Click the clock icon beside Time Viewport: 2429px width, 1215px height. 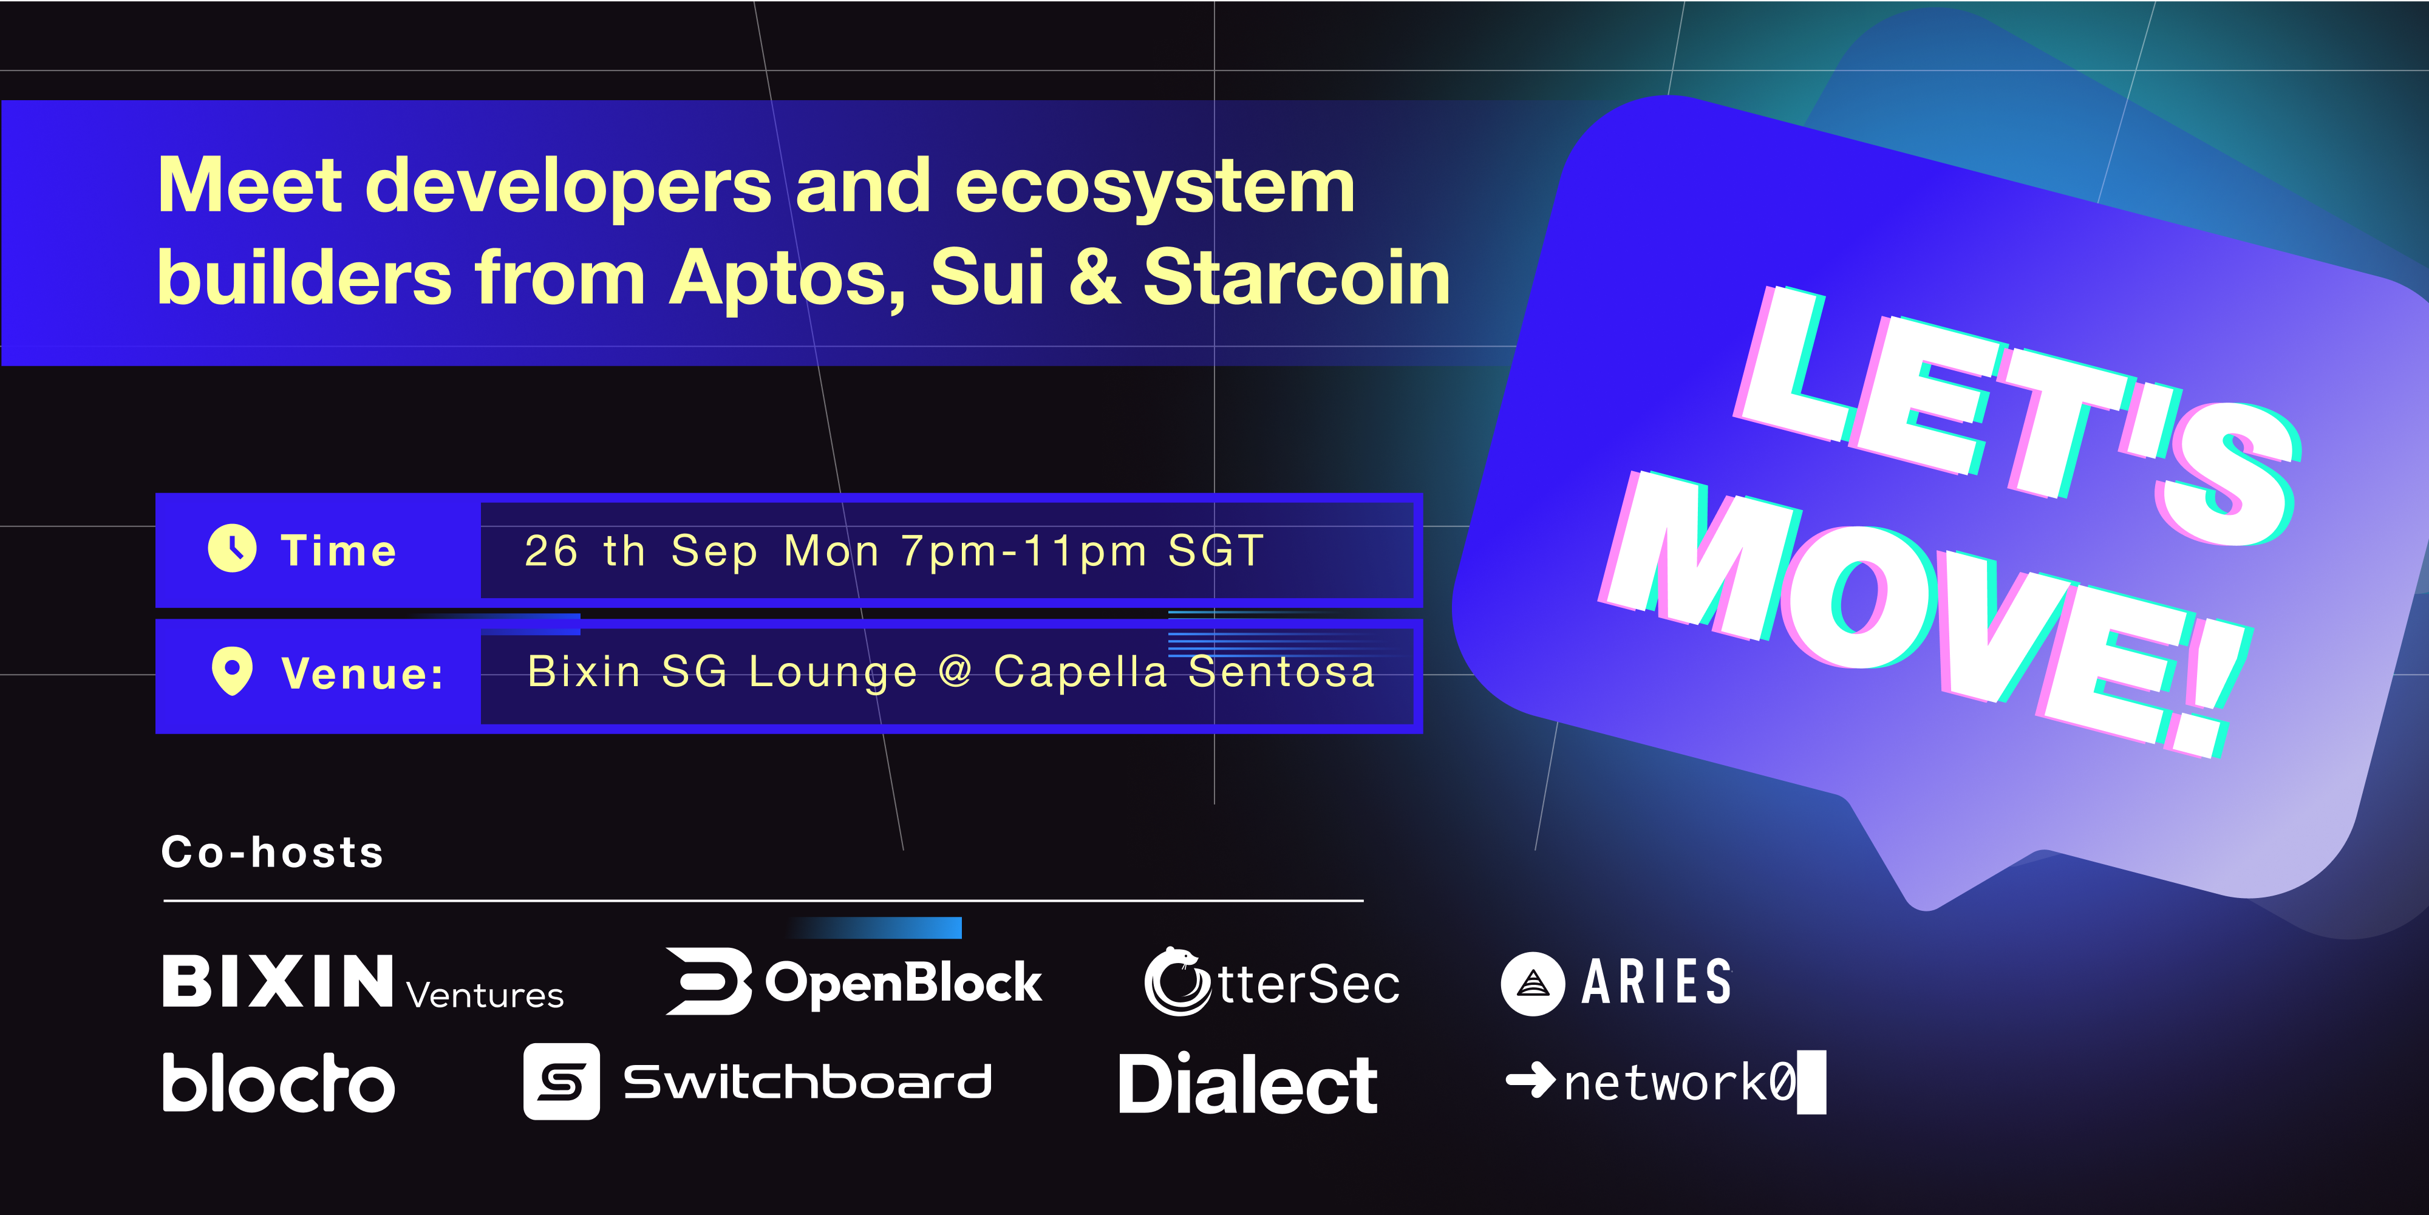pos(232,548)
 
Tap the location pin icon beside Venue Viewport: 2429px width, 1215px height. pos(232,671)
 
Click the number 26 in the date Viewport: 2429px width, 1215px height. pos(551,551)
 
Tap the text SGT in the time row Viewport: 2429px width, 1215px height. pos(1216,551)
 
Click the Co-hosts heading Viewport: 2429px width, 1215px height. pos(273,851)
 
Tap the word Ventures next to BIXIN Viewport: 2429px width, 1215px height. pos(485,995)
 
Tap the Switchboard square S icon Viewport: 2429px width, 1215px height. pos(561,1081)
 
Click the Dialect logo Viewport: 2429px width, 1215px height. pos(1247,1083)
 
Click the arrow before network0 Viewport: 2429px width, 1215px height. pos(1530,1080)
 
